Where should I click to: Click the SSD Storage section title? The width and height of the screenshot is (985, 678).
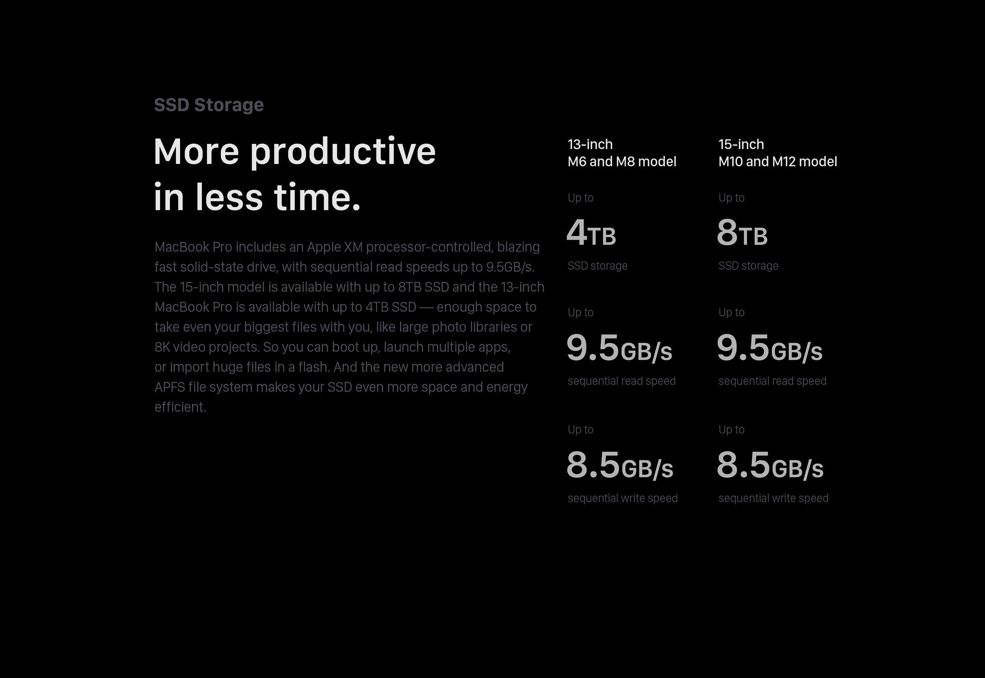click(209, 105)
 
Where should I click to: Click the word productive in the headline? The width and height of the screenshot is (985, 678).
click(342, 152)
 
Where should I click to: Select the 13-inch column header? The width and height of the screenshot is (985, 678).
click(590, 145)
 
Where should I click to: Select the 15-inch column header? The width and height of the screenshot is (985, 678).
click(741, 145)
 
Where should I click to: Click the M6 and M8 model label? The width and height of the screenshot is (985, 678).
click(622, 161)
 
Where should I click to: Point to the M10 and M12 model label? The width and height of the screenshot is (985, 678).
click(777, 161)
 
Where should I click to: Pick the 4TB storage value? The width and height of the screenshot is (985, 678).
click(591, 233)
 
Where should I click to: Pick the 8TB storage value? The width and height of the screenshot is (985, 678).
click(742, 233)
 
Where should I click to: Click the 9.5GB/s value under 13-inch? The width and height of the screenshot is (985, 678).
click(619, 348)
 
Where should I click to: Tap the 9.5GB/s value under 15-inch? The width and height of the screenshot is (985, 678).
click(769, 348)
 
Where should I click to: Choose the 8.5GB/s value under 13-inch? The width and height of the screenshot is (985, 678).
click(619, 465)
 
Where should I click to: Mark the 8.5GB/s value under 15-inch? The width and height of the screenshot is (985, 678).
click(770, 465)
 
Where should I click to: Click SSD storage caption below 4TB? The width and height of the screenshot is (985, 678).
click(597, 266)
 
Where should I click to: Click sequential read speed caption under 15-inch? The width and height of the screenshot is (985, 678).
click(772, 381)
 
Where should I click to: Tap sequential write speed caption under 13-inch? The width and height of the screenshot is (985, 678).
click(622, 498)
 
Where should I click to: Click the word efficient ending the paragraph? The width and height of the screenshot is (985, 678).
click(180, 407)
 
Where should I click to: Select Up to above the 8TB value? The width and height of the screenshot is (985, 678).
click(731, 198)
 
